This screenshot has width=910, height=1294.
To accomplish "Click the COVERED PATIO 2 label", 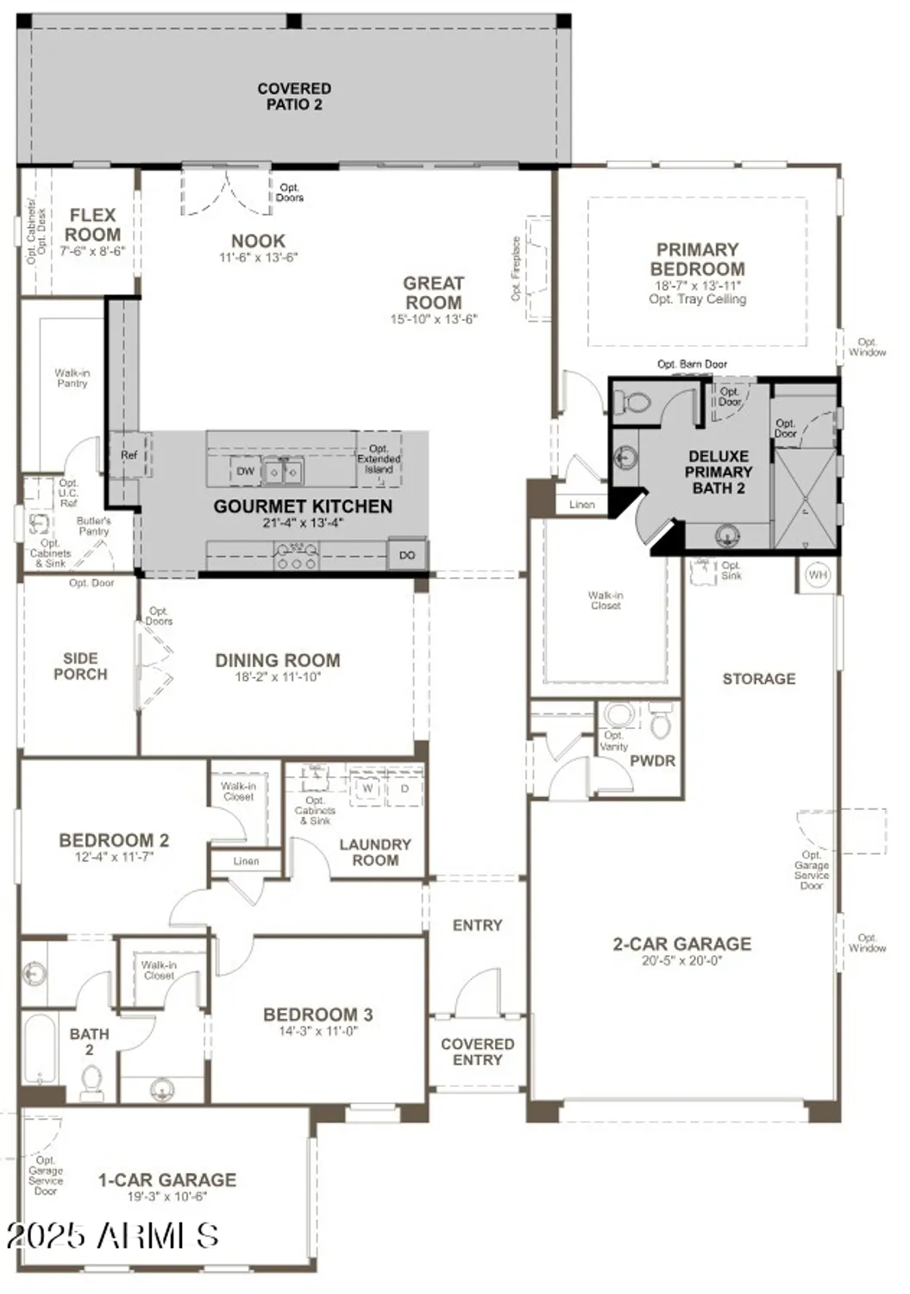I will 294,96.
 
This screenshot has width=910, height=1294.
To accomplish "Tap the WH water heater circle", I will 817,574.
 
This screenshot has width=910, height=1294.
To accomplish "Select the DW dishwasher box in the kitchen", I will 246,471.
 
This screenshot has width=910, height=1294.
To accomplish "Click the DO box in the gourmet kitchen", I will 407,555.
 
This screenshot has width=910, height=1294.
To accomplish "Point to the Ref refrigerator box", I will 129,455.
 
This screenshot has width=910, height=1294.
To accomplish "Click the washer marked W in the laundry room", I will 367,788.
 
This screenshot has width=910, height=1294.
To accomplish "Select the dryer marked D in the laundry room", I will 405,788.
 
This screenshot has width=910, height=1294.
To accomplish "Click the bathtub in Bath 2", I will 40,1050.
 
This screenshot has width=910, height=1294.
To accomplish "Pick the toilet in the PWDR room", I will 660,723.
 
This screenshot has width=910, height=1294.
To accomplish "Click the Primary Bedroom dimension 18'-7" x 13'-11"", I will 697,285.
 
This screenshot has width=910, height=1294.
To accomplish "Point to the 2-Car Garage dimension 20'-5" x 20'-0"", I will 681,960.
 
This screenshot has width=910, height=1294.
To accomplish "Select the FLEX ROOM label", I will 92,224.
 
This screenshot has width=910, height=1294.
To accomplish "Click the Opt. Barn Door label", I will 692,364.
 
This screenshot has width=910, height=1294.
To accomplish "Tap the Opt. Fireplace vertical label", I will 517,268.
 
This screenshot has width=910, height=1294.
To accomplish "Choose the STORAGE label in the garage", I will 758,679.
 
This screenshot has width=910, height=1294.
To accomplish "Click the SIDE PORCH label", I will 80,666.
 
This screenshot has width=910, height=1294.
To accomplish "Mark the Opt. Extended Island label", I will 379,459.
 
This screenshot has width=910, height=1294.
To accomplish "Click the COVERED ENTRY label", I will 477,1052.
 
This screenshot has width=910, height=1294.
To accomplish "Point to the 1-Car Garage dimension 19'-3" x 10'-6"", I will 166,1197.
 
